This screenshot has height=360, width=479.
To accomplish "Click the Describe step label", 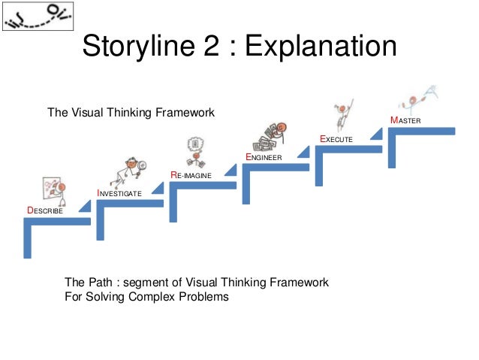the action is (x=45, y=211).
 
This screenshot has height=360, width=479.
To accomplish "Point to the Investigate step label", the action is (x=119, y=193).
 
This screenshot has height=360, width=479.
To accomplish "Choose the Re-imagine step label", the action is (x=191, y=174).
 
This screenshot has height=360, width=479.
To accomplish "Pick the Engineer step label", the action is (x=263, y=156).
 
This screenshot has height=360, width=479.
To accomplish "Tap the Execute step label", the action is (x=336, y=139).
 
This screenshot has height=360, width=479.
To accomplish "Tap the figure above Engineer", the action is (x=271, y=135).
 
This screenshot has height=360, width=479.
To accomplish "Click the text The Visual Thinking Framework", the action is (x=131, y=113).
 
